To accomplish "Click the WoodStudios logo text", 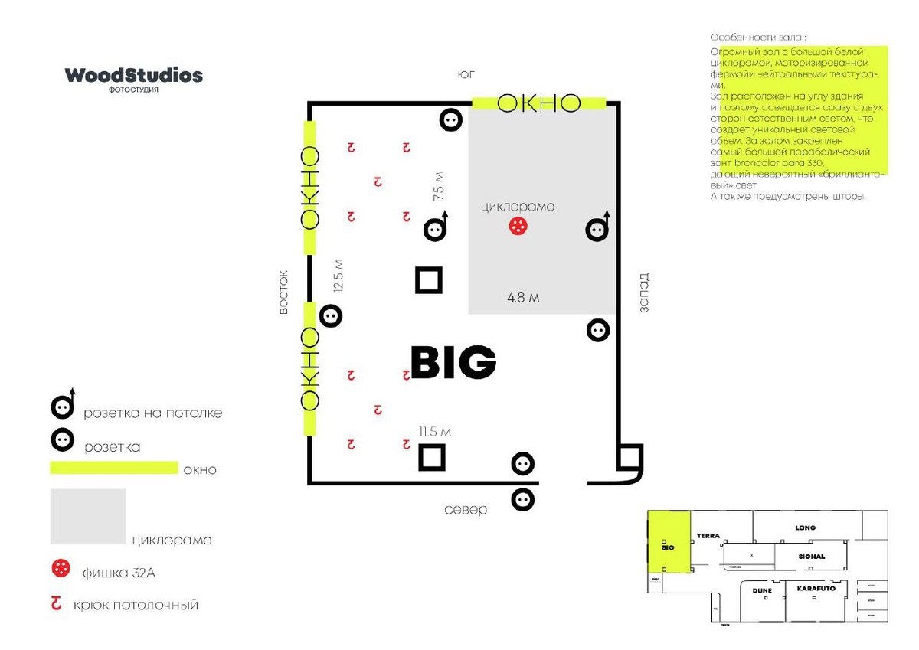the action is pyautogui.click(x=134, y=75).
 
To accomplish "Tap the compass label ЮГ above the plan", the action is pyautogui.click(x=466, y=75).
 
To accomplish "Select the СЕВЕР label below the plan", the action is pyautogui.click(x=466, y=510).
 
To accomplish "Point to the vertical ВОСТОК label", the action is pyautogui.click(x=284, y=292).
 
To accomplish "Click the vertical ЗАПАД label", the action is pyautogui.click(x=644, y=292).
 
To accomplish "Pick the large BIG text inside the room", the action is pyautogui.click(x=453, y=362).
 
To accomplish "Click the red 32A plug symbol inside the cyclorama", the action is pyautogui.click(x=518, y=226).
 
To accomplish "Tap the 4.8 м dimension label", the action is pyautogui.click(x=523, y=298).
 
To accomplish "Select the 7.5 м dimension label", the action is pyautogui.click(x=439, y=187).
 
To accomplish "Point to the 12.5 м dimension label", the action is pyautogui.click(x=338, y=276).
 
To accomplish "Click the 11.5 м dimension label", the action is pyautogui.click(x=434, y=432).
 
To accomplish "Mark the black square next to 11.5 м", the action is pyautogui.click(x=432, y=458).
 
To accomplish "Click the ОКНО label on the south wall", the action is pyautogui.click(x=539, y=103).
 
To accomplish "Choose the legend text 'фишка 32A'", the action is pyautogui.click(x=123, y=572).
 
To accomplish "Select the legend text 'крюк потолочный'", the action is pyautogui.click(x=136, y=605).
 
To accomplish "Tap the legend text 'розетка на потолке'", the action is pyautogui.click(x=153, y=413).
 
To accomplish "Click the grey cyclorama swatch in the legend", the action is pyautogui.click(x=88, y=516).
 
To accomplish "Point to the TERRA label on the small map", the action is pyautogui.click(x=708, y=536).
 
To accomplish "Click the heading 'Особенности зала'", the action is pyautogui.click(x=757, y=38).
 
